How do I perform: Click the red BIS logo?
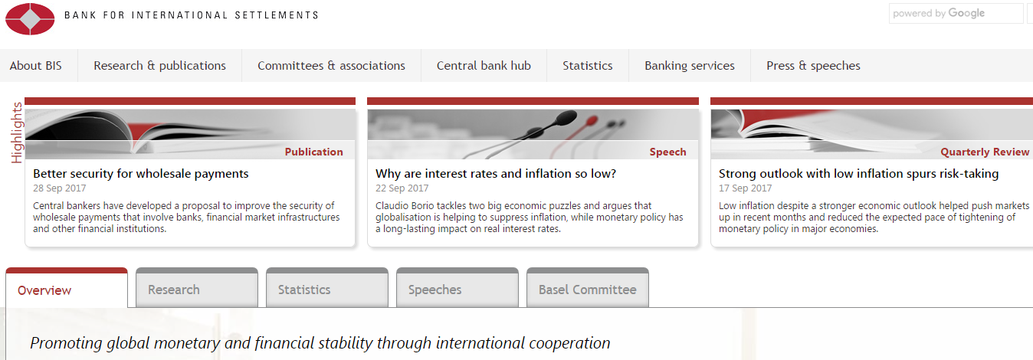[30, 19]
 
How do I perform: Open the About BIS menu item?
[35, 66]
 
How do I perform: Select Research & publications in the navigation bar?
[159, 66]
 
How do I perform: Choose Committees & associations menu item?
[331, 66]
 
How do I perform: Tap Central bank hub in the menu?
[484, 66]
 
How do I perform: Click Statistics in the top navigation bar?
[588, 66]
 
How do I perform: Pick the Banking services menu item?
[690, 66]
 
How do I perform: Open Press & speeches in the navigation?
[814, 66]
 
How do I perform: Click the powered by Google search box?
[956, 13]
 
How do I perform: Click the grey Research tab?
[197, 288]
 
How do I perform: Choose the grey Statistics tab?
[327, 288]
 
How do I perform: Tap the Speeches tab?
[457, 288]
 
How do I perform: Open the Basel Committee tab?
[588, 288]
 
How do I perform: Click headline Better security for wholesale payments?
[141, 174]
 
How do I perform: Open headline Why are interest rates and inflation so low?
[496, 174]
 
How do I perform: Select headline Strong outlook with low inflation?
[859, 174]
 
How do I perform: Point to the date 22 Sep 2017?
[402, 188]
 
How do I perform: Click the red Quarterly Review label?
[985, 152]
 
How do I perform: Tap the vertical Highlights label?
[17, 133]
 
